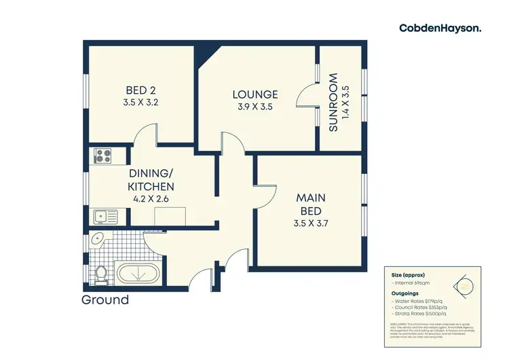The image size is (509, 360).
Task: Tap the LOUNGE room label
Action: [x=255, y=94]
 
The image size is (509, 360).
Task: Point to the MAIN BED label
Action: [x=310, y=204]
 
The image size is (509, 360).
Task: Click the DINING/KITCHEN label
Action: [x=151, y=180]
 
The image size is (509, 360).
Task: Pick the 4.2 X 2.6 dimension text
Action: [x=151, y=199]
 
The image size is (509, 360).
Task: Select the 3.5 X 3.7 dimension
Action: [x=310, y=222]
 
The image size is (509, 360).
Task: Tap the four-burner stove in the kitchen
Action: [x=102, y=157]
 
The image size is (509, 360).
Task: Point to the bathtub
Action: [x=138, y=274]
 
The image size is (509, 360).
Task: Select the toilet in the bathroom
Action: [x=100, y=274]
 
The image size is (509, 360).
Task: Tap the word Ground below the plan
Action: [x=105, y=300]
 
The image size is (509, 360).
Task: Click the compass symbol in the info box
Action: [x=465, y=286]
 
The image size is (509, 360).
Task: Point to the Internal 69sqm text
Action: [x=412, y=282]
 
